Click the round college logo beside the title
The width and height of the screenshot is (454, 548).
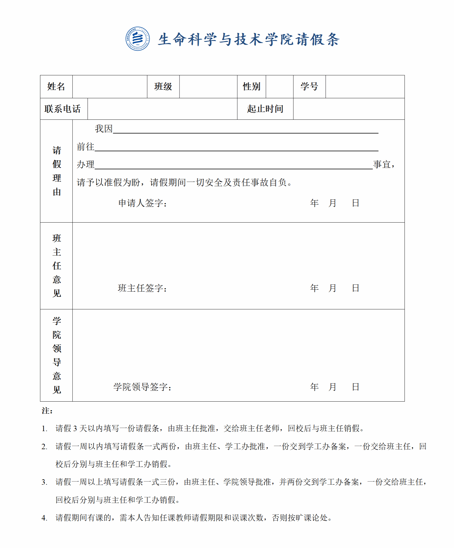137,39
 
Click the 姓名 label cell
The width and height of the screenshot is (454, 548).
56,87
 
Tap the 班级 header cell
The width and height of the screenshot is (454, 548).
163,87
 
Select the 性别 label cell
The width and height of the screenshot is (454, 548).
251,87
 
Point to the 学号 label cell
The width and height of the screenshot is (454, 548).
309,87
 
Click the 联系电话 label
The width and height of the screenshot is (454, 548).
63,109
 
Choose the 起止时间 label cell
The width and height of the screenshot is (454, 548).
265,109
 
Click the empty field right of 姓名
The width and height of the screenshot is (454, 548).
110,87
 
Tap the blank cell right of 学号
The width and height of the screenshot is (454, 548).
365,87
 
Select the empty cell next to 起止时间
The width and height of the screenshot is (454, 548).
349,109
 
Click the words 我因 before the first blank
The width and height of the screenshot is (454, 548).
104,129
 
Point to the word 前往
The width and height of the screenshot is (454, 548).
86,147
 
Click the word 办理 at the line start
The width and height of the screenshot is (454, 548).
86,164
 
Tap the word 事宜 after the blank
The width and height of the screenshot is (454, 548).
382,164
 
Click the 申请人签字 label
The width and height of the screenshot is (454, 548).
142,203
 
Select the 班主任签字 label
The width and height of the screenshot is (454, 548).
142,288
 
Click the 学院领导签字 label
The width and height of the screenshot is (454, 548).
142,387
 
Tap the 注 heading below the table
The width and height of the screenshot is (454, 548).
46,411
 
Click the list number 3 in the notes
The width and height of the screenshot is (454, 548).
44,482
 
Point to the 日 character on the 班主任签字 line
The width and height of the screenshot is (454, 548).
355,288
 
